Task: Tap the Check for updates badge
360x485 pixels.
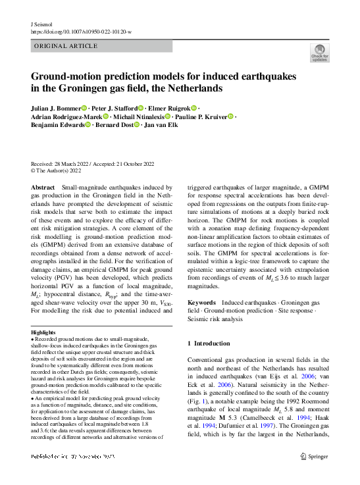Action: point(319,52)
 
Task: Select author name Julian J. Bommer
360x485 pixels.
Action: point(55,107)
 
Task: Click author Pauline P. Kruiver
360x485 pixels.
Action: point(199,116)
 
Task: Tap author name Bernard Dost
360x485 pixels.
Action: point(114,124)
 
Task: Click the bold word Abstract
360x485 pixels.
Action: point(43,188)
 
